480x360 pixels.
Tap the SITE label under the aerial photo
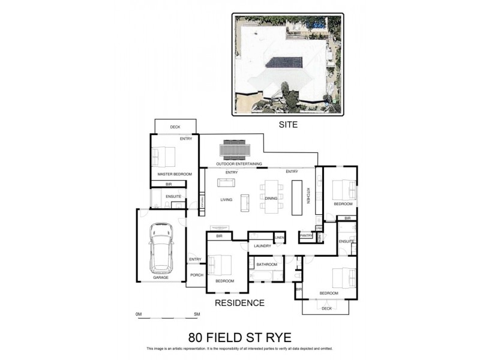(288, 125)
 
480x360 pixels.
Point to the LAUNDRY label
(263, 246)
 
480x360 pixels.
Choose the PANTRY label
(306, 236)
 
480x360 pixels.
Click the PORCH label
(196, 275)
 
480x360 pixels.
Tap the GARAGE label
(160, 278)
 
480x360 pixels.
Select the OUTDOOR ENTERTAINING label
(239, 164)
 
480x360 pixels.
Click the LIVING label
(226, 200)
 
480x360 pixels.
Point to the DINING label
(271, 199)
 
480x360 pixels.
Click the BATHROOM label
(267, 265)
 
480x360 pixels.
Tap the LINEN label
(279, 239)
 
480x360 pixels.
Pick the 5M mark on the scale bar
(196, 314)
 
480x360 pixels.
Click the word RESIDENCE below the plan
(239, 303)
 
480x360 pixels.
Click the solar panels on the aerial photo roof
(281, 63)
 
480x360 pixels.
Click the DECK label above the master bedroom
(175, 127)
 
